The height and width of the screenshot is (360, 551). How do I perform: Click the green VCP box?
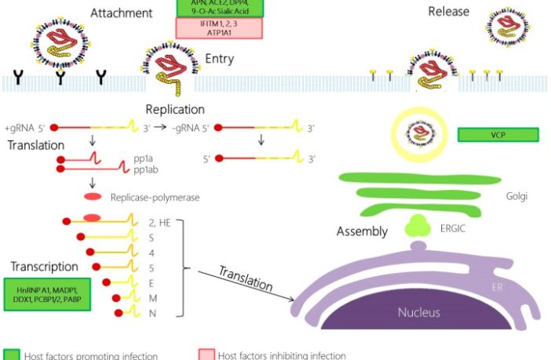498,134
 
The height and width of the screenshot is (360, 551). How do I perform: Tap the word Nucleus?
420,313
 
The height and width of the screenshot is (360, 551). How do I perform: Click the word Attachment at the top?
121,13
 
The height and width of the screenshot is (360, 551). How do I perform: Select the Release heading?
448,12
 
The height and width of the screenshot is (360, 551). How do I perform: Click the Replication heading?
175,110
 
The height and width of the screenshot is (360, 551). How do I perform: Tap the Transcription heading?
44,267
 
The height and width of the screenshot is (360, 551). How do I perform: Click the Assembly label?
362,232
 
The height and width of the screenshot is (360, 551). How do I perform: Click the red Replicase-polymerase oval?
92,196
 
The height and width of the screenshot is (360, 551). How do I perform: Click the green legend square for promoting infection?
10,355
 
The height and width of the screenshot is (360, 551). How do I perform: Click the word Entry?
220,59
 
